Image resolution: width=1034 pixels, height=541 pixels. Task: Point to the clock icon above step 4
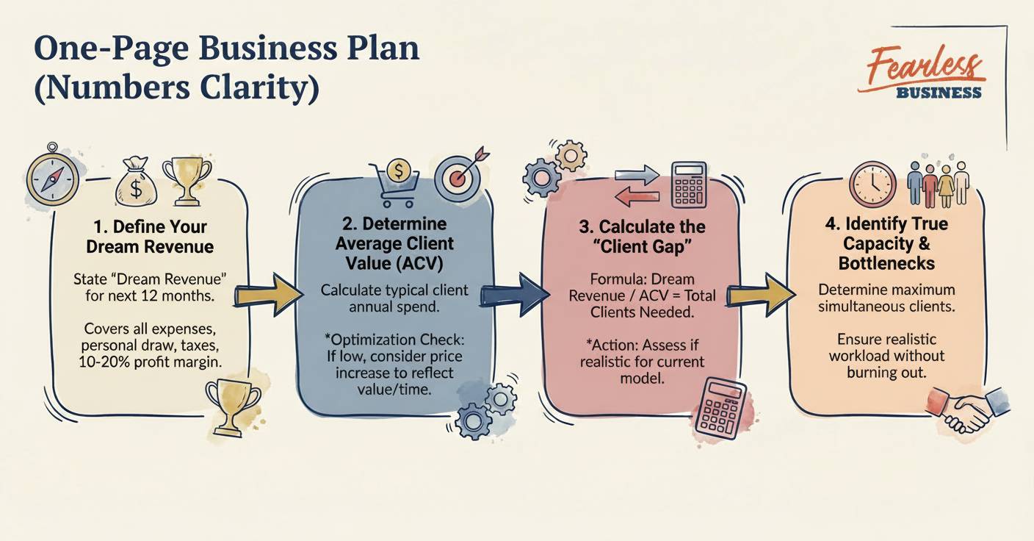click(872, 184)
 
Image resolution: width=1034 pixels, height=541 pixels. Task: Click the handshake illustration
click(968, 410)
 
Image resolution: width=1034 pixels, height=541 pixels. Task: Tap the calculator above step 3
click(689, 184)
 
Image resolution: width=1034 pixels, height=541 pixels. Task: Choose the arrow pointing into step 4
click(761, 294)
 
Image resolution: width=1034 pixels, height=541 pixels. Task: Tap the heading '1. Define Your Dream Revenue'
click(150, 236)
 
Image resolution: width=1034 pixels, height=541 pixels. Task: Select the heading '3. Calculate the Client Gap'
click(642, 236)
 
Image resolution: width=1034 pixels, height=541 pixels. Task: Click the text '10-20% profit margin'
click(150, 363)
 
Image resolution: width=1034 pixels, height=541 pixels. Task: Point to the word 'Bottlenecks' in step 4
click(886, 262)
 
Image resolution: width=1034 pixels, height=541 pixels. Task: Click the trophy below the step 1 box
click(234, 405)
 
